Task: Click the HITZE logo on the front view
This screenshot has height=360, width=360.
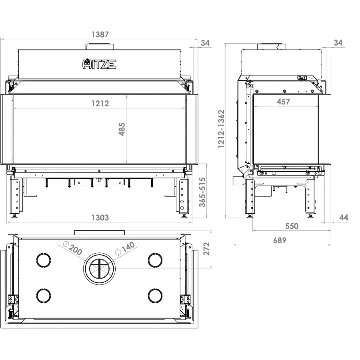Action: click(100, 64)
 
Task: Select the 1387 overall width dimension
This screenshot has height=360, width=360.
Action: click(100, 34)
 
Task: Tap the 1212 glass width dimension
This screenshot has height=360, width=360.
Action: click(100, 104)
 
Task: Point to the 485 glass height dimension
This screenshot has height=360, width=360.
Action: click(122, 129)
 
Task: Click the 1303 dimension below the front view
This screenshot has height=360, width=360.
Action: click(100, 218)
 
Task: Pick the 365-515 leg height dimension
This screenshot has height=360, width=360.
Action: click(202, 192)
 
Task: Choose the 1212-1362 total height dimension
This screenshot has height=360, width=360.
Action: click(221, 129)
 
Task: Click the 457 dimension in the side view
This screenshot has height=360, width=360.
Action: click(283, 102)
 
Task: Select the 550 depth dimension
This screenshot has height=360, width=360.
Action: click(292, 226)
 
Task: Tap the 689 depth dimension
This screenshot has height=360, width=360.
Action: click(280, 240)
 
